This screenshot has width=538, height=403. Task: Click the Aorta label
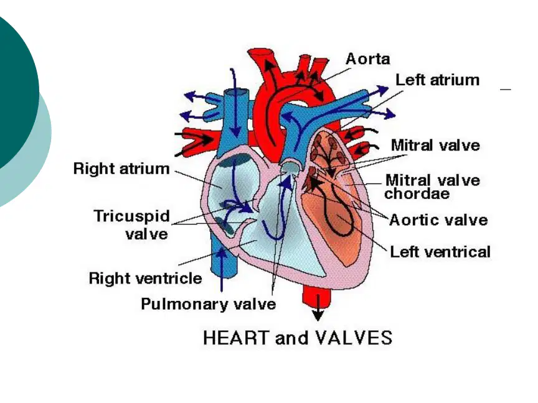[x=368, y=59]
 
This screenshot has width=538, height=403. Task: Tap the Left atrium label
[x=438, y=80]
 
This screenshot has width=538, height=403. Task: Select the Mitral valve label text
[x=435, y=145]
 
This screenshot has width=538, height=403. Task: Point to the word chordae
[x=417, y=193]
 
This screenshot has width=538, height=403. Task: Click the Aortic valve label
[x=438, y=220]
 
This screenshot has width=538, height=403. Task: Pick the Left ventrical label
[x=441, y=252]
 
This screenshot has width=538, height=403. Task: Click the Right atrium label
[x=121, y=169]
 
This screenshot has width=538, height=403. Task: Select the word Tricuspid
[x=132, y=216]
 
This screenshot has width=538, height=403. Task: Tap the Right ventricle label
[x=146, y=278]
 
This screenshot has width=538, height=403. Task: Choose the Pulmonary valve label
[x=209, y=304]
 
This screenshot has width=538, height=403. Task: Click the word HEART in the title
[x=235, y=338]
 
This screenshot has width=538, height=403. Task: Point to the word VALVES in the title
[x=354, y=338]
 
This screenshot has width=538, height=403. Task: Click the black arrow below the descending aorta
[x=318, y=308]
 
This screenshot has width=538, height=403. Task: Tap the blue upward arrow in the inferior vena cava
[x=222, y=269]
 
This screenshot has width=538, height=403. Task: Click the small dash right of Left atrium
[x=506, y=90]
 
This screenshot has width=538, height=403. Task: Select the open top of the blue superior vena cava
[x=236, y=92]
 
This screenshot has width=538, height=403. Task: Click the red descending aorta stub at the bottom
[x=317, y=297]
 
